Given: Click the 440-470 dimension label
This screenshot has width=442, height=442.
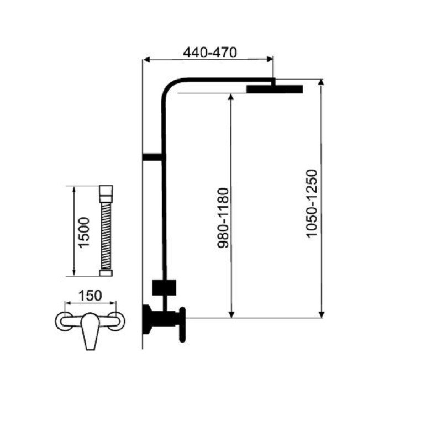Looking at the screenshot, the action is coord(210,52).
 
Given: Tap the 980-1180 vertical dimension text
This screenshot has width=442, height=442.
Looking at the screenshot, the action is coord(223,218).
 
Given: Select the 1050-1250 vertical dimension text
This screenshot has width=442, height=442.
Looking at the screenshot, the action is coord(312,204).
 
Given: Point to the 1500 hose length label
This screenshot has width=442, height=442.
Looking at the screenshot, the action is coord(84,233).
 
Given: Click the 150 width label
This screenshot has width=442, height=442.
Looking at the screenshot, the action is coord(90,296).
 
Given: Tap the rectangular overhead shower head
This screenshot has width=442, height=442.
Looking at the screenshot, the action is coord(275,89).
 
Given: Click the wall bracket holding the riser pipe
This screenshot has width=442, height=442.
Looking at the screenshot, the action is coord(152,157).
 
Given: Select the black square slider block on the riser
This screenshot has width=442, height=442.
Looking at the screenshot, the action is coord(164,287).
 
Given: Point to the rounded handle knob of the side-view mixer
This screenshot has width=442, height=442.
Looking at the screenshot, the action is coord(182,324).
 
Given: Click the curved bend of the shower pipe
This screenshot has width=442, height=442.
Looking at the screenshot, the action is coord(169,86).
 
